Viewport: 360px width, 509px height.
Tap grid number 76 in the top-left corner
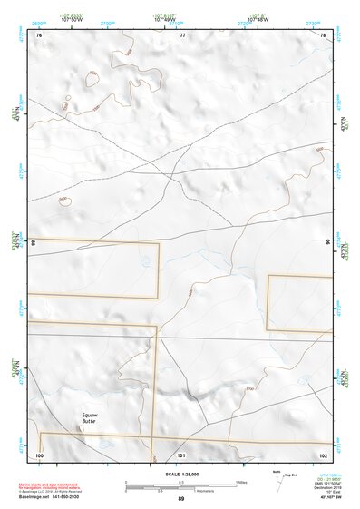tap(39, 34)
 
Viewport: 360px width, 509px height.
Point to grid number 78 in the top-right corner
tap(323, 34)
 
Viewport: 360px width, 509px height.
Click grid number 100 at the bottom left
tap(39, 454)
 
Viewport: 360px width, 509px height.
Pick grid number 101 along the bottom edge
tap(181, 454)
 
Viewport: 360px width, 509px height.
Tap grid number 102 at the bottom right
tap(323, 454)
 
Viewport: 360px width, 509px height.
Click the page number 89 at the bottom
tap(181, 500)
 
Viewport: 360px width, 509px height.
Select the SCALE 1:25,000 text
tap(181, 474)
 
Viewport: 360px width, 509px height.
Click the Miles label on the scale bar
tap(241, 482)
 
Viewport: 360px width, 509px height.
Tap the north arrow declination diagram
tap(278, 481)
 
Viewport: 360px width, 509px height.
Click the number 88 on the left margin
tap(33, 243)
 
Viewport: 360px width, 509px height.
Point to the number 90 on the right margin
tap(328, 242)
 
